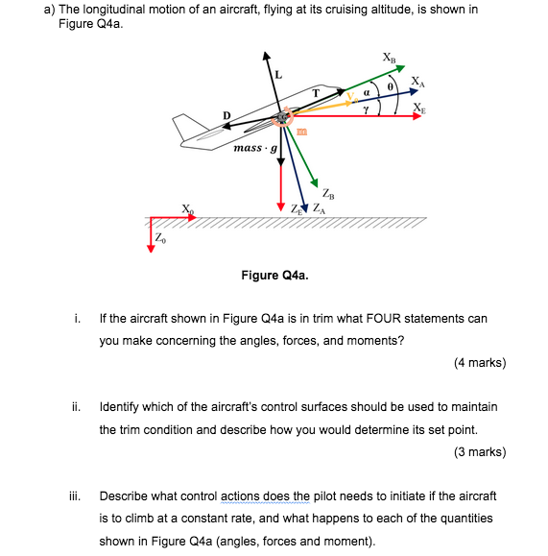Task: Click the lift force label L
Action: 279,73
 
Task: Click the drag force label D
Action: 226,116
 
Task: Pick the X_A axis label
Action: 416,81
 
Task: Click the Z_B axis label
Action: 329,192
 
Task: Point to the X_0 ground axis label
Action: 187,208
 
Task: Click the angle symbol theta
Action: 391,87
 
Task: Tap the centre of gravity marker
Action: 281,118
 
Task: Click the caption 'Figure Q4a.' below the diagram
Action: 274,276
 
